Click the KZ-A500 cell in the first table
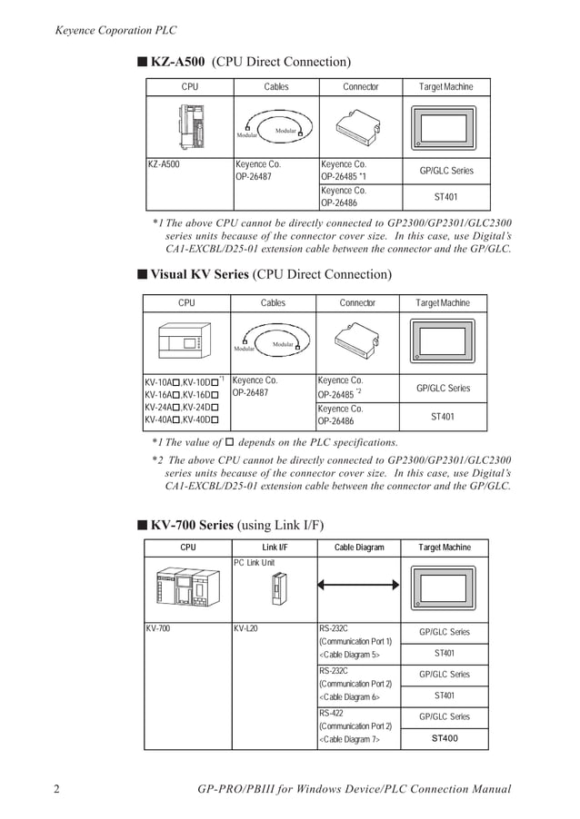point(165,164)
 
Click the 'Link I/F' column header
point(275,548)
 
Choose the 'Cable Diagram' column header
point(359,548)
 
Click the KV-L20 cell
point(246,627)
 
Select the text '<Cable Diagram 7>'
point(351,740)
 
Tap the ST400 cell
point(445,738)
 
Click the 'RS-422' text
point(332,714)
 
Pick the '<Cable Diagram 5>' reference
point(351,654)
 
